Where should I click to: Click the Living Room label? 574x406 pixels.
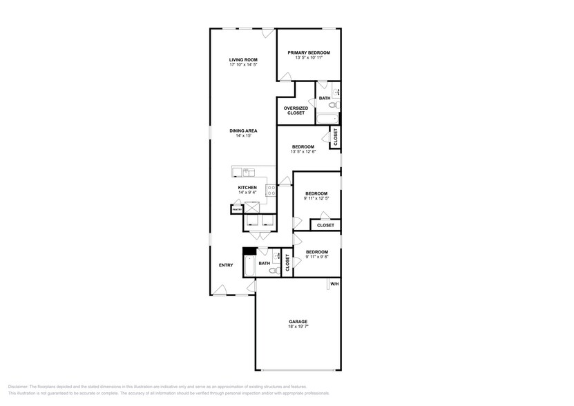coord(243,60)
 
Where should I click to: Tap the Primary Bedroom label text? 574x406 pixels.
coord(309,53)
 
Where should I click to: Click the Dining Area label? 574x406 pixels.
coord(243,130)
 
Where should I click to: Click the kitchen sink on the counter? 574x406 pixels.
coord(244,172)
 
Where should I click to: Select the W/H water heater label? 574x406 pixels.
coord(334,284)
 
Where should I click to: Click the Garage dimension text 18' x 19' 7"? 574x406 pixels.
coord(298,327)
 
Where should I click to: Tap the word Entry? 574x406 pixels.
coord(226,264)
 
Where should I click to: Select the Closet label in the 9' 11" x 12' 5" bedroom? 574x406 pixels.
coord(325,225)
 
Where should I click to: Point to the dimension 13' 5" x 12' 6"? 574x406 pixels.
coord(303,152)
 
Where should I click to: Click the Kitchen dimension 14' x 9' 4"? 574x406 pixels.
coord(247,193)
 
